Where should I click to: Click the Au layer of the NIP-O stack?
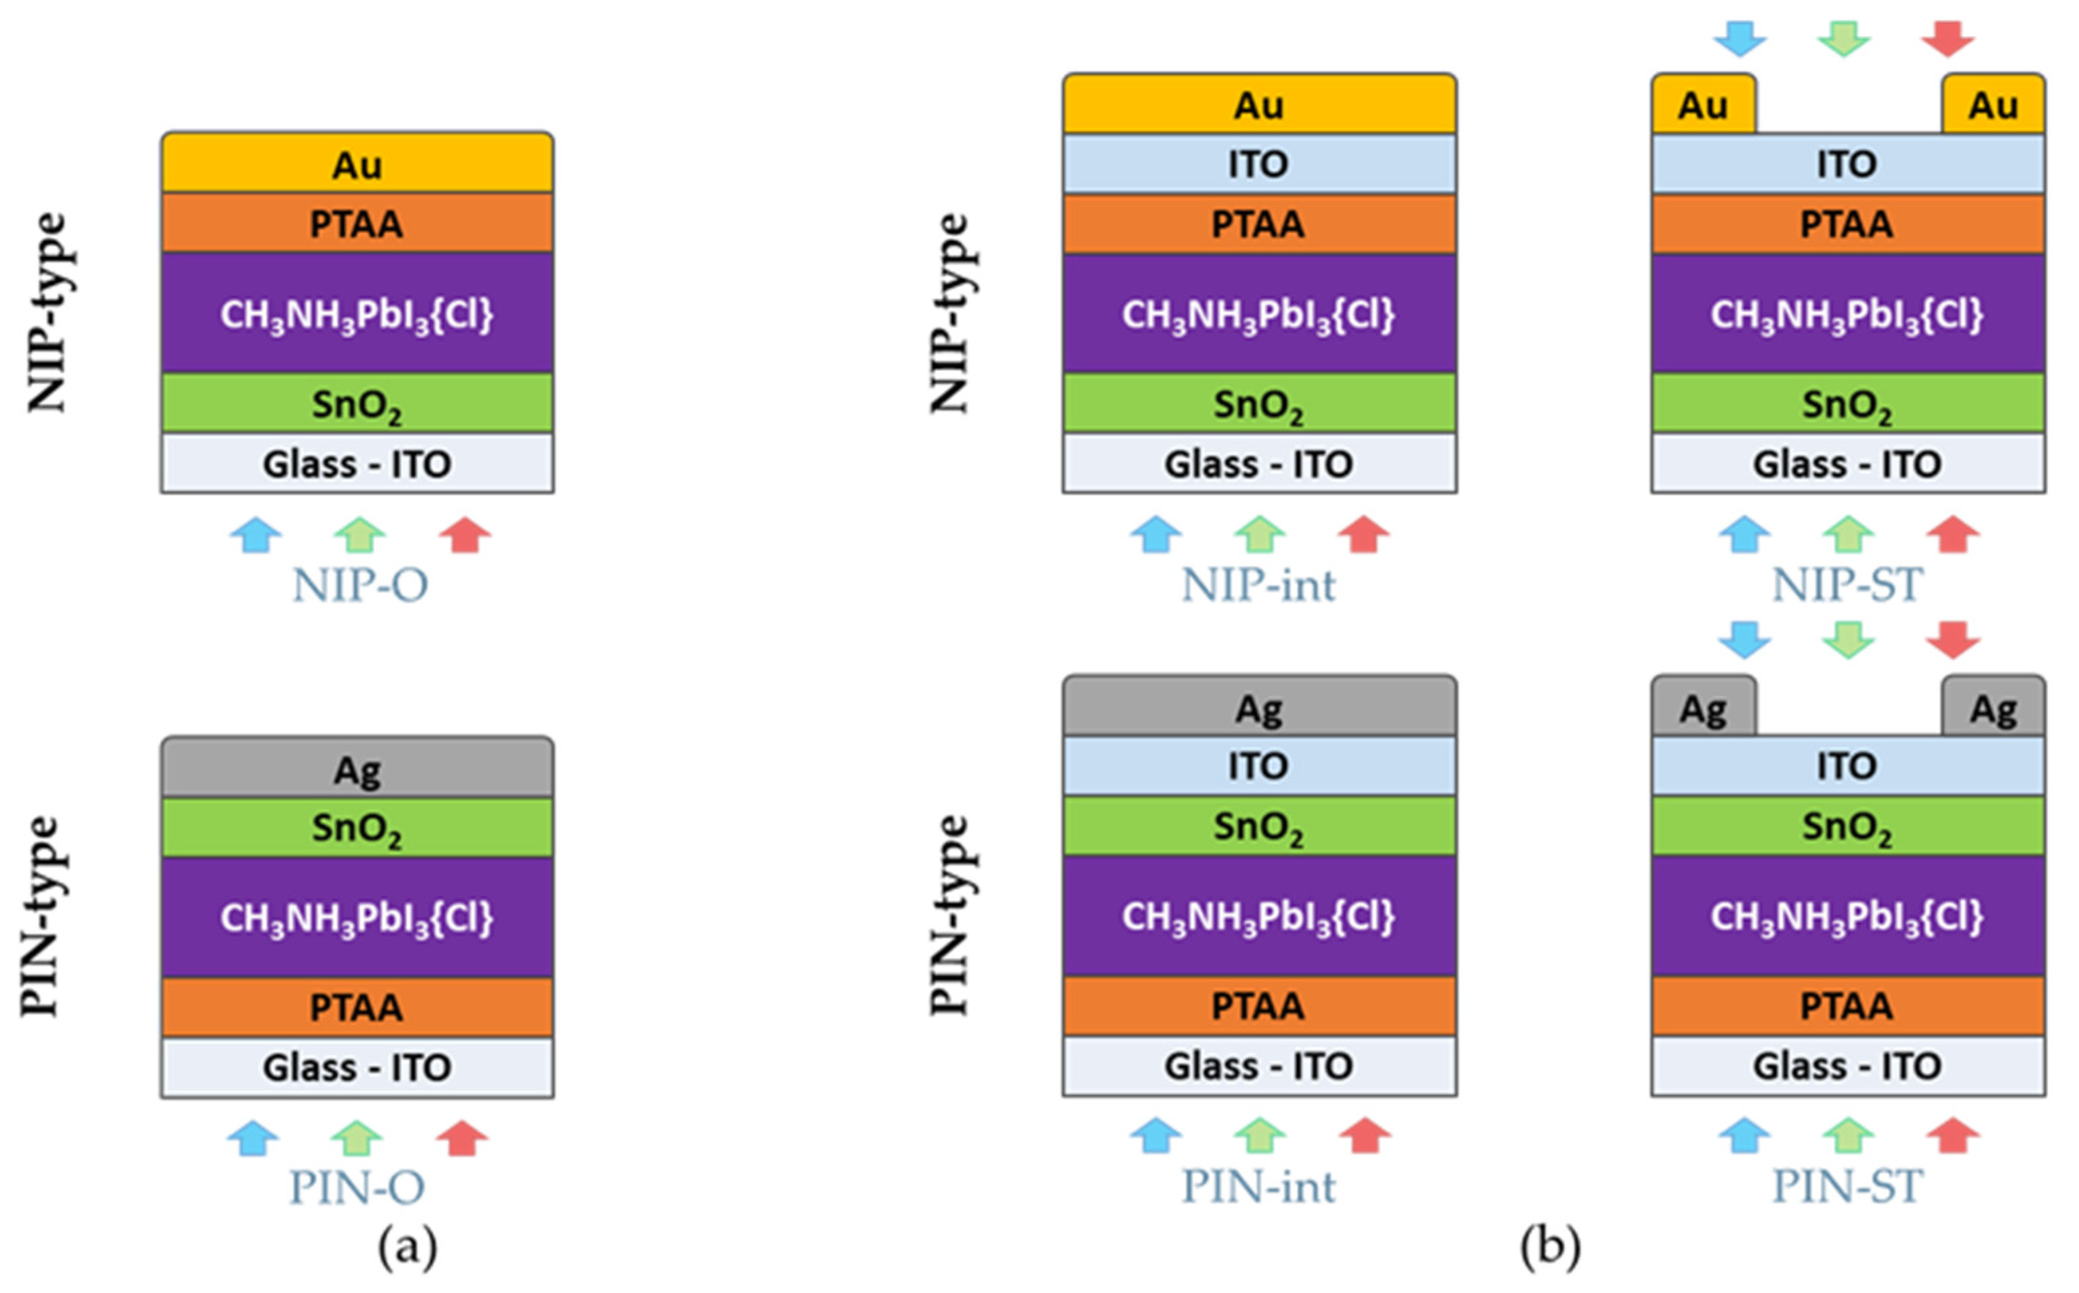pyautogui.click(x=357, y=163)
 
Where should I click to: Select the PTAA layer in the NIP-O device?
pyautogui.click(x=357, y=223)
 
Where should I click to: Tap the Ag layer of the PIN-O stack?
pyautogui.click(x=357, y=768)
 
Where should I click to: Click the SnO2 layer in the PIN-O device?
pyautogui.click(x=357, y=827)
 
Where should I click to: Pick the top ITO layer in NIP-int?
pyautogui.click(x=1258, y=163)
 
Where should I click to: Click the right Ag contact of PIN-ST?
pyautogui.click(x=1993, y=708)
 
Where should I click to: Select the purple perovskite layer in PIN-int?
pyautogui.click(x=1258, y=916)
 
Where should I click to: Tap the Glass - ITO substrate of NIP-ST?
pyautogui.click(x=1847, y=464)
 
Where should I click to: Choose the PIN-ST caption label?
pyautogui.click(x=1847, y=1186)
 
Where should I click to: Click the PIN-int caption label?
pyautogui.click(x=1258, y=1186)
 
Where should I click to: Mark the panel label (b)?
pyautogui.click(x=1550, y=1248)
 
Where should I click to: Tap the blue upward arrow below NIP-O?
pyautogui.click(x=256, y=534)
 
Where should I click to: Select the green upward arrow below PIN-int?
pyautogui.click(x=1259, y=1136)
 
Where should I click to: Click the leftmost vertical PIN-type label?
pyautogui.click(x=41, y=916)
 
